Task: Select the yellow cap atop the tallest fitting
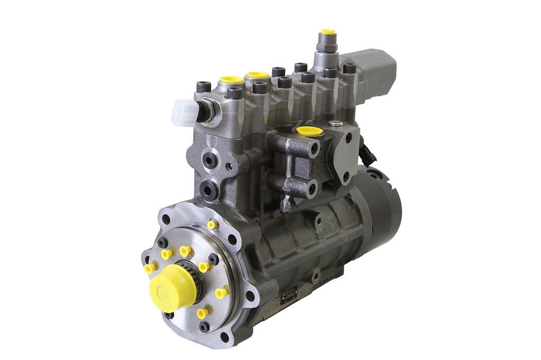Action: (x=328, y=32)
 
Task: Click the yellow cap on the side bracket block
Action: (x=310, y=131)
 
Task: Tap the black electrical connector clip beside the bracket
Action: (x=364, y=150)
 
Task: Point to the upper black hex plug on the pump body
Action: (x=210, y=159)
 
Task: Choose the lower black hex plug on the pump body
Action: (x=209, y=189)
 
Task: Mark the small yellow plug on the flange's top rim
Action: (x=212, y=224)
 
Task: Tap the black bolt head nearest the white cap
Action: (x=203, y=87)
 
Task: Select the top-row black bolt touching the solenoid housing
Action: (x=349, y=69)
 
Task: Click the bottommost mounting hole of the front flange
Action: (x=224, y=337)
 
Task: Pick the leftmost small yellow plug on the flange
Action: (x=150, y=268)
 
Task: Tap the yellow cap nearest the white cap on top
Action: (x=231, y=81)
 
